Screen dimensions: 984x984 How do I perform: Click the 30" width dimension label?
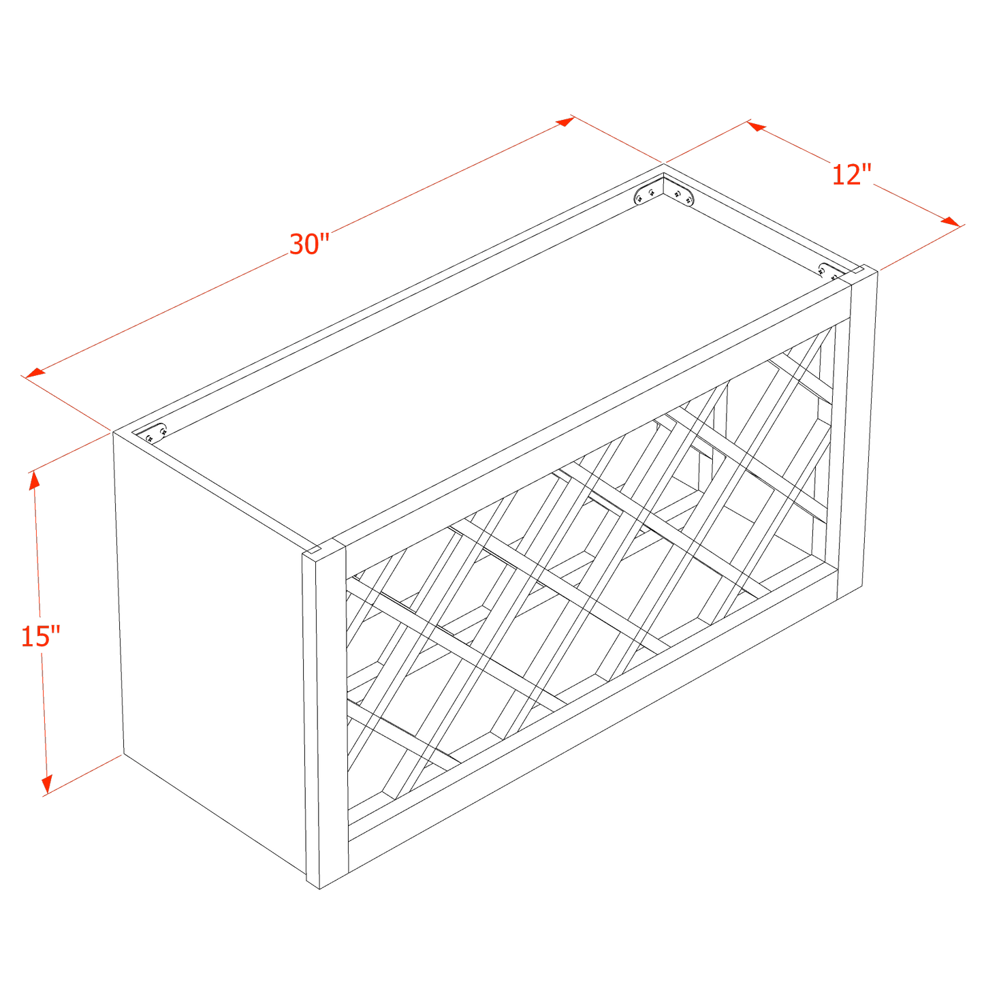point(310,243)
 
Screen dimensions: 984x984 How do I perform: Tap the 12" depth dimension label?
point(851,176)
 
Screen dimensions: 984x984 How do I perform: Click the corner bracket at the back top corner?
point(663,192)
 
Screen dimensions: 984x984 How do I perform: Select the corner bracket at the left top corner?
point(155,434)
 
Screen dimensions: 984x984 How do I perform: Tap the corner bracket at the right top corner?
point(830,271)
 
